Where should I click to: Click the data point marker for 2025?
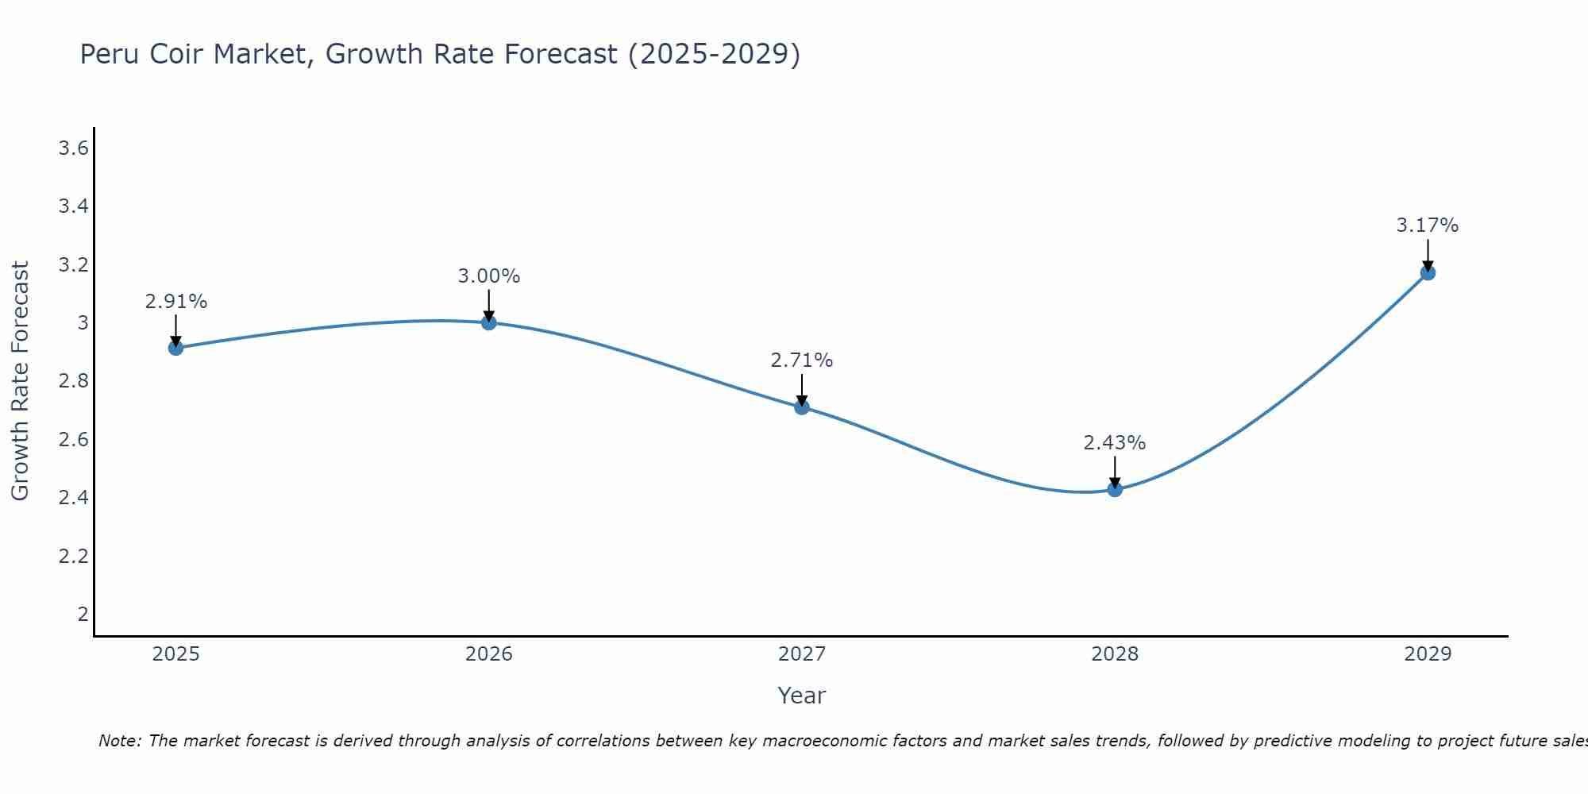point(175,348)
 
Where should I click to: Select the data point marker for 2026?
point(488,322)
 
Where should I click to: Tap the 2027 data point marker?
point(802,407)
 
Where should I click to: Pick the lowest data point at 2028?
point(1115,489)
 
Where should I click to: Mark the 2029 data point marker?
point(1428,273)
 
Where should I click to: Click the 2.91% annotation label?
point(175,302)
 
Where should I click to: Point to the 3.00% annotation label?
point(488,276)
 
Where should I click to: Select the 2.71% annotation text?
point(802,360)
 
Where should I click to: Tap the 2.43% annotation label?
point(1115,443)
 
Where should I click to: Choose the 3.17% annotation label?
point(1428,225)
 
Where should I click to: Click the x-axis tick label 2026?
point(488,654)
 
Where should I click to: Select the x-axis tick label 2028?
point(1115,654)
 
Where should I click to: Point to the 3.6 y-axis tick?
point(73,148)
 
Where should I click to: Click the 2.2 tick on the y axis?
point(73,556)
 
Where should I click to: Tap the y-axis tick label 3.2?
point(73,264)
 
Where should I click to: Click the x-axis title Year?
point(801,696)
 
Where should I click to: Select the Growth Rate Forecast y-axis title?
point(20,381)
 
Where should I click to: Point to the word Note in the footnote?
point(119,741)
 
